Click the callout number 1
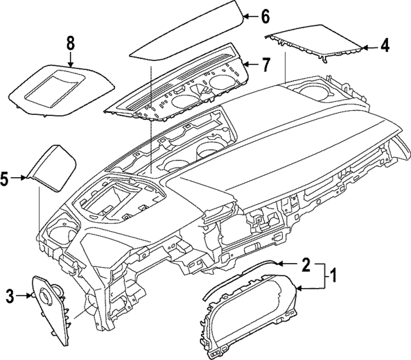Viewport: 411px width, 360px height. coord(333,277)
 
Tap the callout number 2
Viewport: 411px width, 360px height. coord(306,264)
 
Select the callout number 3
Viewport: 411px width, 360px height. coord(10,295)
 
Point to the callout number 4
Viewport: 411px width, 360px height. coord(385,46)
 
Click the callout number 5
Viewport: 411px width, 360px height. coord(6,179)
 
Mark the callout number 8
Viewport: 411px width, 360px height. coord(70,44)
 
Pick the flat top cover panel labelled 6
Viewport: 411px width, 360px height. coord(186,32)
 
